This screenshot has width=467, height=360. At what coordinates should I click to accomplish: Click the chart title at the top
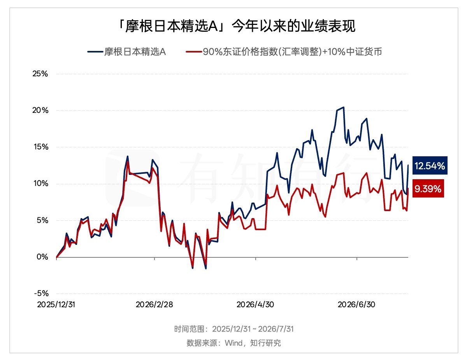(x=237, y=26)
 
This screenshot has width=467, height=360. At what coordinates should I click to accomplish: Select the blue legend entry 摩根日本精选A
(x=126, y=52)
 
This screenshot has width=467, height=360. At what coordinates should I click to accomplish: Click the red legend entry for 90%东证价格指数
(x=284, y=52)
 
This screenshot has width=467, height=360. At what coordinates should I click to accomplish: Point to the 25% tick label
(x=40, y=74)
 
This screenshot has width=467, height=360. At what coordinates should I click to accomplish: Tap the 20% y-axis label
(x=40, y=110)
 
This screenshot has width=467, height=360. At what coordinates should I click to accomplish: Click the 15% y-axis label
(x=41, y=147)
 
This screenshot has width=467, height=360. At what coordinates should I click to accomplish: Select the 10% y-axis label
(x=41, y=183)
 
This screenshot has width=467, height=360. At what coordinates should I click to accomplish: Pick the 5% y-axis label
(x=42, y=220)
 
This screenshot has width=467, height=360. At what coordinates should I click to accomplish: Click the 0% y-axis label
(x=42, y=257)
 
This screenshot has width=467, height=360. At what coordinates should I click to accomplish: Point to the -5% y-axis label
(x=41, y=294)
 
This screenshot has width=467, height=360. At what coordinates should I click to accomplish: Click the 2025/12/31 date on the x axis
(x=56, y=305)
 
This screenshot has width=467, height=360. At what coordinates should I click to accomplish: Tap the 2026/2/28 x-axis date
(x=154, y=305)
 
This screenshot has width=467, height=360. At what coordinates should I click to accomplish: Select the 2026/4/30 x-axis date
(x=255, y=305)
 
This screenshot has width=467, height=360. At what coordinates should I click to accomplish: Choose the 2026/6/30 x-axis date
(x=356, y=305)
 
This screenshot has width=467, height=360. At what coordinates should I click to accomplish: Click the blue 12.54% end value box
(x=430, y=166)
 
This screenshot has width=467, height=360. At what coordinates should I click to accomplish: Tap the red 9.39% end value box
(x=428, y=189)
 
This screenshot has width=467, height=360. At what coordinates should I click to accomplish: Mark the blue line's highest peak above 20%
(x=344, y=107)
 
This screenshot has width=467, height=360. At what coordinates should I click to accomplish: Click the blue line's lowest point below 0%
(x=206, y=269)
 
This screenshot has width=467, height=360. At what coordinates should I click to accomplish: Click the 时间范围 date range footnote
(x=234, y=329)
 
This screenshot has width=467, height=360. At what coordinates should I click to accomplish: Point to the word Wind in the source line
(x=233, y=343)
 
